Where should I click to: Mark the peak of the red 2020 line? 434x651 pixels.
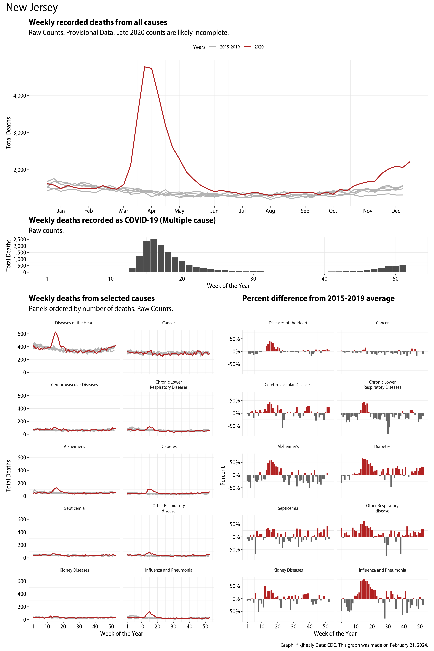click(145, 67)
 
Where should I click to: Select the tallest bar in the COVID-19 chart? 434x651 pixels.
click(154, 255)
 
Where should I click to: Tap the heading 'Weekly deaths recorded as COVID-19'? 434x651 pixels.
click(122, 220)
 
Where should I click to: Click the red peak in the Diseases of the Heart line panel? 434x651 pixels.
click(55, 332)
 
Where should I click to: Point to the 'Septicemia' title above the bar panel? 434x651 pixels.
click(288, 508)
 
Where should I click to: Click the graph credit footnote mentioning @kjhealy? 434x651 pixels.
click(354, 645)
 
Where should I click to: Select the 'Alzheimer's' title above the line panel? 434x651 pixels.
click(74, 446)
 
